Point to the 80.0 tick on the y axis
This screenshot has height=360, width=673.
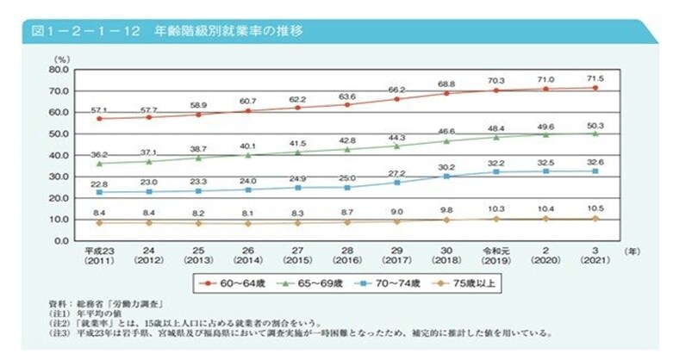click(57, 69)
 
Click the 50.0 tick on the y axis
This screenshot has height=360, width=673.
click(57, 133)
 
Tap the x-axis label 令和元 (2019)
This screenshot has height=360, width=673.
click(496, 257)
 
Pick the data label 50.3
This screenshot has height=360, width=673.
click(595, 123)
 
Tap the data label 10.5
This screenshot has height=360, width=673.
click(595, 209)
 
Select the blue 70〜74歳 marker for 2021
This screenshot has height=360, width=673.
click(595, 171)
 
